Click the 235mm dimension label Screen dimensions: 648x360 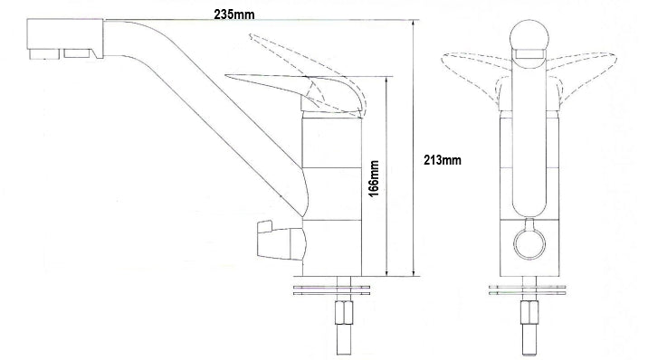(x=233, y=14)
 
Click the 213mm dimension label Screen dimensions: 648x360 (x=443, y=160)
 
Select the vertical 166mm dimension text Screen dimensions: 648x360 (x=374, y=178)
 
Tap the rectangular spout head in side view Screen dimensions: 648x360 (x=65, y=39)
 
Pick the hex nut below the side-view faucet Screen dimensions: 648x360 (x=344, y=313)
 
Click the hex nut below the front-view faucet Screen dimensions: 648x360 (x=529, y=313)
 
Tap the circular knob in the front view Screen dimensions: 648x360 (x=529, y=244)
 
